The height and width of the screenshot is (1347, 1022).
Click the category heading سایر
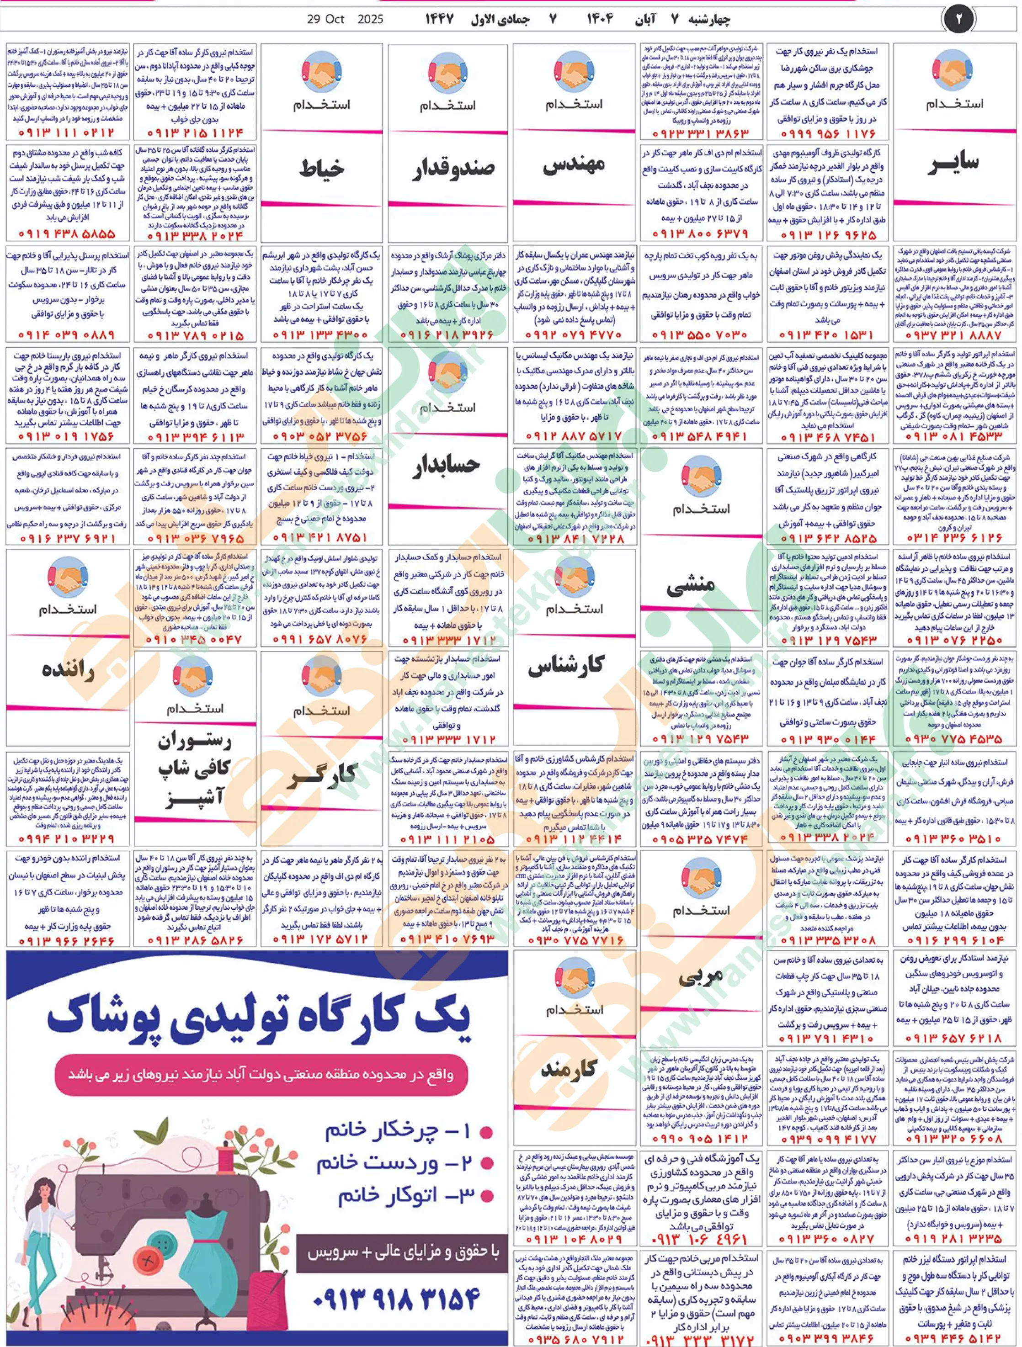pos(953,163)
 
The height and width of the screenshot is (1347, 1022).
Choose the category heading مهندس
pos(574,165)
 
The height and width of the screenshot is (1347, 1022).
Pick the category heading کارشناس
pos(566,667)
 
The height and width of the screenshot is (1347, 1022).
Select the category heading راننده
pos(68,670)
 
